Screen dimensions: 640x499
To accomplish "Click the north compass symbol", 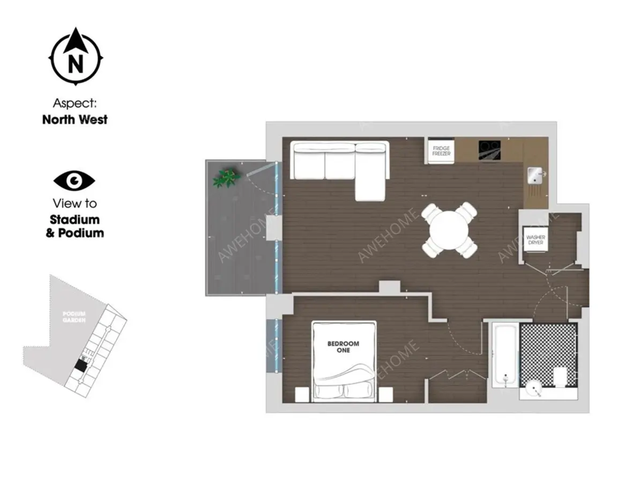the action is click(76, 57).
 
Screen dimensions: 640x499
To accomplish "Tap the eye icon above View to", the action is click(75, 180).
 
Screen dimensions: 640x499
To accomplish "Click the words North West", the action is click(75, 119).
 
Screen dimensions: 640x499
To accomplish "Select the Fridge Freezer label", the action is click(441, 151).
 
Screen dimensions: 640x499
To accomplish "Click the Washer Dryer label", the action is click(535, 240).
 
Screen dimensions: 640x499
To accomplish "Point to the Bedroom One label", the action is click(343, 346).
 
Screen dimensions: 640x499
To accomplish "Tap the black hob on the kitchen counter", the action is click(490, 150).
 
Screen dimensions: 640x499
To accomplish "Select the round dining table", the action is click(449, 230).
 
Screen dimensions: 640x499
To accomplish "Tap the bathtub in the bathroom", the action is click(505, 355).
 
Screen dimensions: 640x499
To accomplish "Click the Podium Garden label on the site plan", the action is click(75, 317).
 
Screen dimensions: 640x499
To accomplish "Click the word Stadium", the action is click(75, 220).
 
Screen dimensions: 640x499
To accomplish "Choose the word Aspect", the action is click(75, 103).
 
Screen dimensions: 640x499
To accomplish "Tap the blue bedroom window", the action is click(274, 345).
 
